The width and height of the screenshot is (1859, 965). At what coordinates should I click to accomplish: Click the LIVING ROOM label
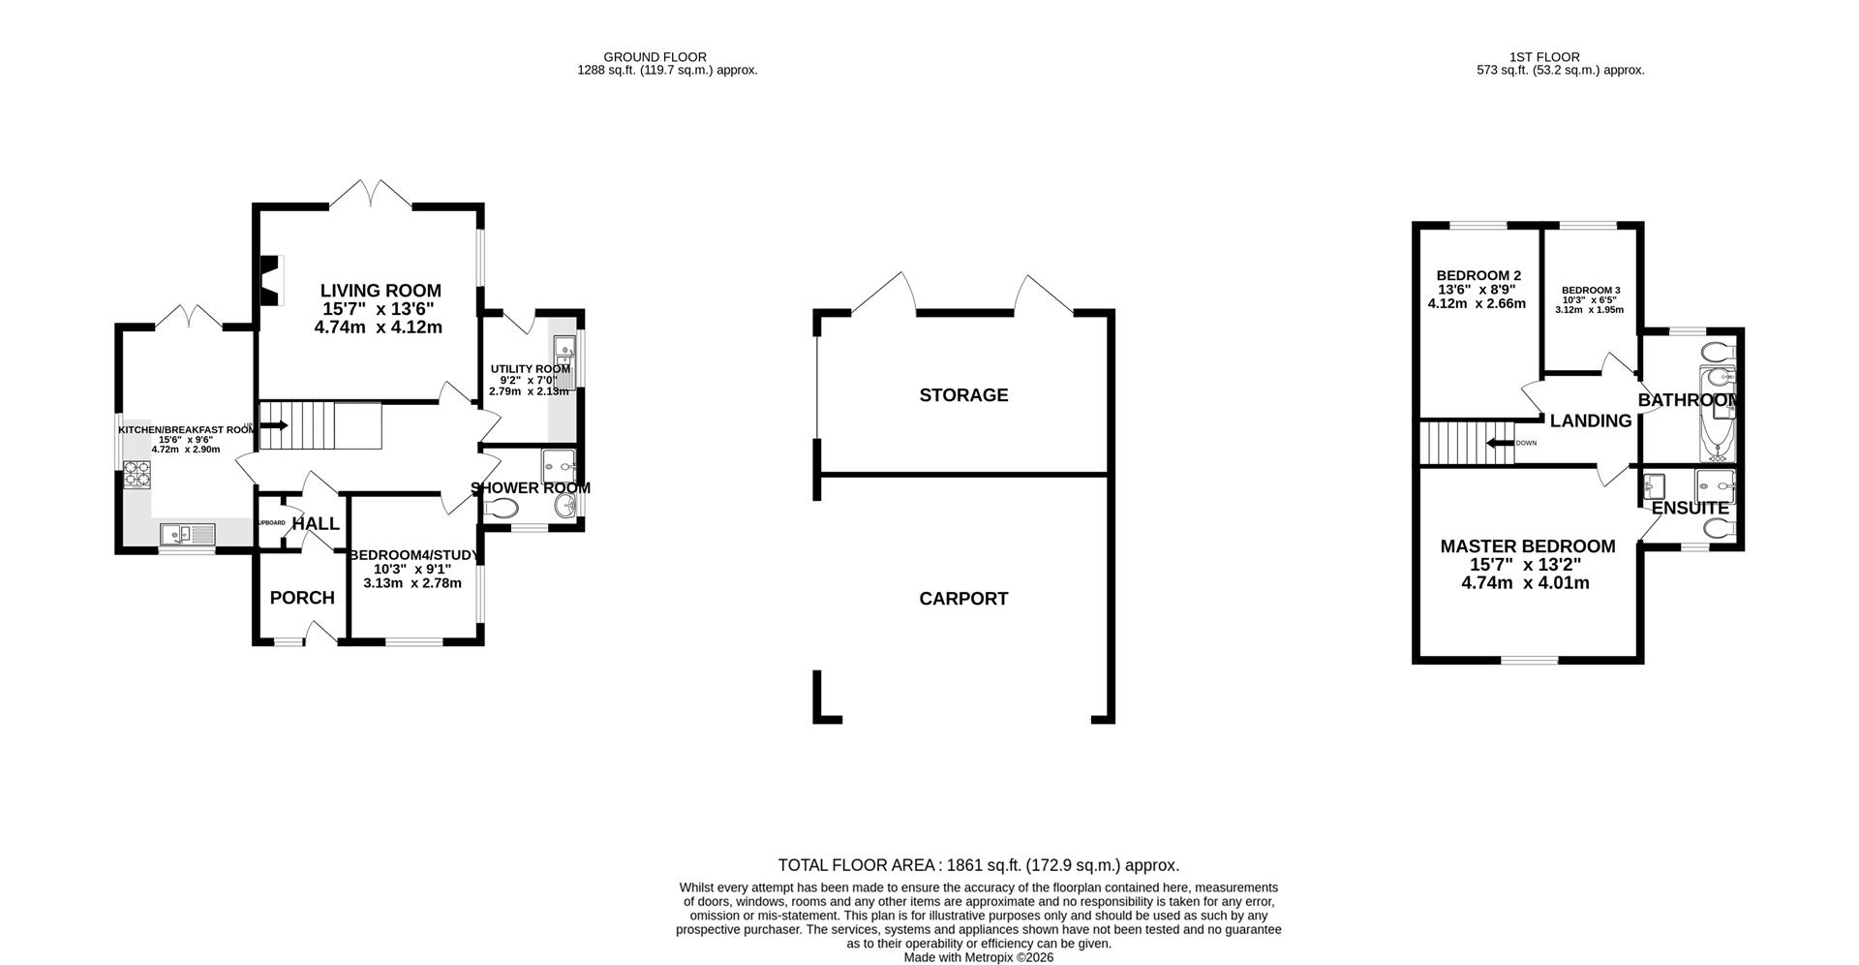[381, 291]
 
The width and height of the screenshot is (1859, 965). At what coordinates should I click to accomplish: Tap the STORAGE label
[963, 395]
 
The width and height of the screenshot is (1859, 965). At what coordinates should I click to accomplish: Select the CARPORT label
[963, 599]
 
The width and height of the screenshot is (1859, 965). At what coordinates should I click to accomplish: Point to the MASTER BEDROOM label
[1527, 546]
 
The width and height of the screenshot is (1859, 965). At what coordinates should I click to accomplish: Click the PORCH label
[302, 598]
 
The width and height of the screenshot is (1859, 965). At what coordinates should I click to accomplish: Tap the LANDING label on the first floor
[1590, 421]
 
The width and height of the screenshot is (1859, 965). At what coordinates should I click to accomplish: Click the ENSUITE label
[1690, 509]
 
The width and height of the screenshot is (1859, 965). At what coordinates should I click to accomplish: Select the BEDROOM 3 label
[1590, 291]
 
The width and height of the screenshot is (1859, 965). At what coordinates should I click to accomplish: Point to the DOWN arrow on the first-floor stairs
[1503, 444]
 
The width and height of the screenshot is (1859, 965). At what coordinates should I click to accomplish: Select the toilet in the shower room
[503, 508]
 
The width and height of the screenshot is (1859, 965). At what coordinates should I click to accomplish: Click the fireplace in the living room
[271, 280]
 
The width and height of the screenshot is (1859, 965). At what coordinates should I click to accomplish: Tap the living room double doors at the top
[371, 193]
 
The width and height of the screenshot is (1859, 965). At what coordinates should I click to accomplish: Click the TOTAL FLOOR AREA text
[978, 865]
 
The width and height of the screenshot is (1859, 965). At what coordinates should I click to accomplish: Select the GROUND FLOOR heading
[655, 57]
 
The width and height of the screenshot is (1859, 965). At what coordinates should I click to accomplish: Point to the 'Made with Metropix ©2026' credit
[978, 957]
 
